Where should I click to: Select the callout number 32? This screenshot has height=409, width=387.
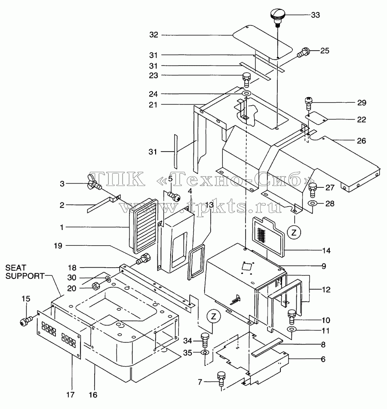[154, 35]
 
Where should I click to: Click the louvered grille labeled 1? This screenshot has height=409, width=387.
[144, 226]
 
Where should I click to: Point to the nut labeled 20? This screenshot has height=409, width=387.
[95, 286]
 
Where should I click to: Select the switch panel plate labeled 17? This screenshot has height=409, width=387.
[59, 335]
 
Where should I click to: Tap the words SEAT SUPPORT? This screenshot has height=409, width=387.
[25, 272]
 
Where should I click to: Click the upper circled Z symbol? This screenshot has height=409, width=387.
[294, 232]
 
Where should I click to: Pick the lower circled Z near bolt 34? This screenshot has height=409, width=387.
[214, 316]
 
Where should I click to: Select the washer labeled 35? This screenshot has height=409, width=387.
[205, 353]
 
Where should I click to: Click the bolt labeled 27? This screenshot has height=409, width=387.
[312, 190]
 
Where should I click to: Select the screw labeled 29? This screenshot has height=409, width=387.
[309, 104]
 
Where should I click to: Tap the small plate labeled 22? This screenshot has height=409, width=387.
[316, 117]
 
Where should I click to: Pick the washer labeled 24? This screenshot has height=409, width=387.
[246, 93]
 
